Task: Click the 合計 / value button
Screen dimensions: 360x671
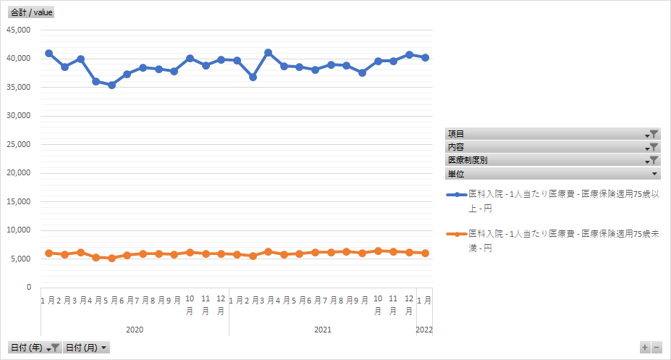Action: pyautogui.click(x=31, y=12)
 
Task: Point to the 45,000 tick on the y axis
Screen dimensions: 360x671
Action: pyautogui.click(x=19, y=30)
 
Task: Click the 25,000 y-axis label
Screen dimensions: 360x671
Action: pyautogui.click(x=19, y=144)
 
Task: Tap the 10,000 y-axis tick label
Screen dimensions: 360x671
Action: pyautogui.click(x=19, y=230)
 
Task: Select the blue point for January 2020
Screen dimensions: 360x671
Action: pyautogui.click(x=48, y=54)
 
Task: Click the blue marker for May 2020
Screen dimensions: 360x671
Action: pyautogui.click(x=111, y=85)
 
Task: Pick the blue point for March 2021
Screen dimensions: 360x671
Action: pyautogui.click(x=268, y=53)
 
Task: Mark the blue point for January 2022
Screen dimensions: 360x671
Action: pyautogui.click(x=425, y=57)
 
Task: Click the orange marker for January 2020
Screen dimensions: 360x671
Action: pyautogui.click(x=48, y=253)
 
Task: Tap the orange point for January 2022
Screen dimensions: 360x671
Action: pyautogui.click(x=425, y=253)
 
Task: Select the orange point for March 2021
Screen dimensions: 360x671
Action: pyautogui.click(x=268, y=251)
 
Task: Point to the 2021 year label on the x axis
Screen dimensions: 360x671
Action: pyautogui.click(x=323, y=330)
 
